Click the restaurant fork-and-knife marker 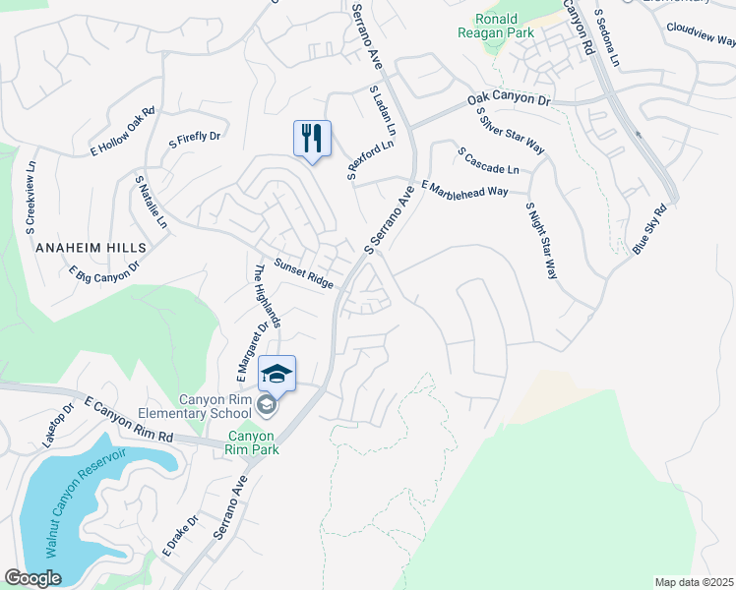(312, 139)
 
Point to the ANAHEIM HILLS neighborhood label (91, 248)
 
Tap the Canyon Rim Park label (253, 442)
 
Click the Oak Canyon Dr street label (509, 99)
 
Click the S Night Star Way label (536, 241)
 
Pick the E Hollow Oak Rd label (123, 132)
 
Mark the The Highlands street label (269, 295)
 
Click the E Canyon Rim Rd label (128, 419)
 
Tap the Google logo (32, 578)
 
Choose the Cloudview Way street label (700, 33)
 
